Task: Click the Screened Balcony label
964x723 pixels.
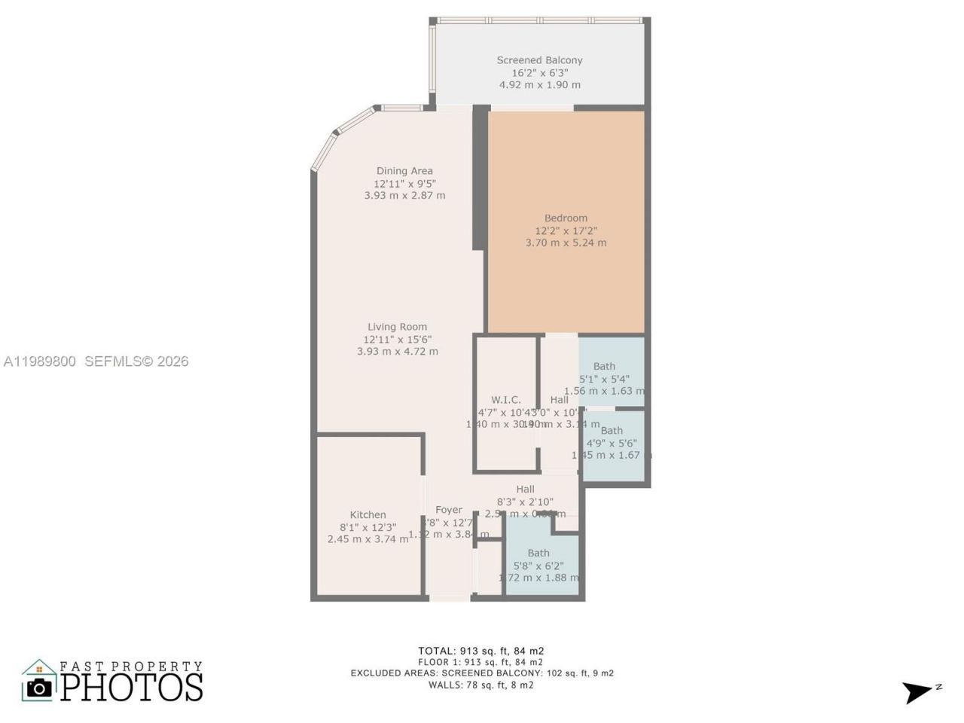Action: (x=539, y=60)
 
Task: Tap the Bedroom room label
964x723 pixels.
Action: (x=566, y=218)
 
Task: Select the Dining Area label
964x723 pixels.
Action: (x=404, y=171)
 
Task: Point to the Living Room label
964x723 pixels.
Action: (x=397, y=327)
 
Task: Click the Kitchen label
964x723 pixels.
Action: (x=368, y=515)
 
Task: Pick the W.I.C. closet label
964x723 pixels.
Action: (x=505, y=400)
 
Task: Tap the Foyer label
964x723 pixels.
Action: (x=448, y=510)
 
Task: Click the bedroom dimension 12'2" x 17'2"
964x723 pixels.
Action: (x=566, y=230)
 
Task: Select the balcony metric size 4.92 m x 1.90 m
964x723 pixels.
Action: (x=539, y=85)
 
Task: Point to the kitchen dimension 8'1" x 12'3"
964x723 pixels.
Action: (x=368, y=527)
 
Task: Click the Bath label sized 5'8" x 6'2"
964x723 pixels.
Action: (x=538, y=553)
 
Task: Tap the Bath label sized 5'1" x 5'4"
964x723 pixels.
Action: (x=604, y=367)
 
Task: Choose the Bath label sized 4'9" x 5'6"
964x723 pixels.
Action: (x=612, y=431)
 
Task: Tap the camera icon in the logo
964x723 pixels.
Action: (x=39, y=686)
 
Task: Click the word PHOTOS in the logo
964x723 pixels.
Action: (x=132, y=687)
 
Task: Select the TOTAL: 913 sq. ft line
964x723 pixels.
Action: (x=481, y=651)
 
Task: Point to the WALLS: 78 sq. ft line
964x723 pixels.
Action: (x=481, y=685)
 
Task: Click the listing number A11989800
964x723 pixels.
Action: (x=40, y=361)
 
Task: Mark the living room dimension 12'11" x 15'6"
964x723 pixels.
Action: (x=397, y=340)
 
